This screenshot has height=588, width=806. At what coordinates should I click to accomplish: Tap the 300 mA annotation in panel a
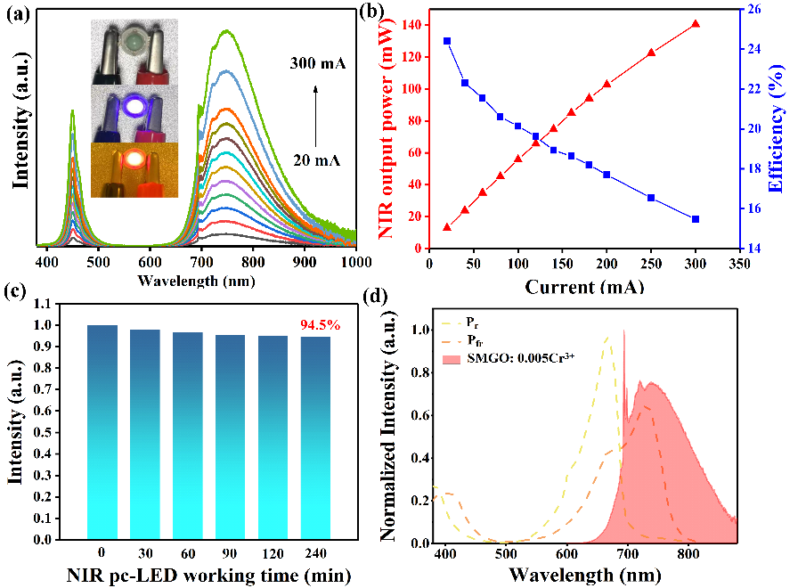(x=317, y=64)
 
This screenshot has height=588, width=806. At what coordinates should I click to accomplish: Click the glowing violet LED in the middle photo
(x=134, y=108)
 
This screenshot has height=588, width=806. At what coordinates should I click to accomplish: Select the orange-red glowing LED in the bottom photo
(x=134, y=160)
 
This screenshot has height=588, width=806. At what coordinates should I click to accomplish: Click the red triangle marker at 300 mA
(x=696, y=24)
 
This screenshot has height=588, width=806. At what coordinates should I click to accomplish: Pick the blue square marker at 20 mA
(x=447, y=41)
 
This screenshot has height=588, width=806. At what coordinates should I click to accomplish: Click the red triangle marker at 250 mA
(x=651, y=53)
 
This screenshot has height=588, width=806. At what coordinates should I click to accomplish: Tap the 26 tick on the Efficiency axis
(x=753, y=9)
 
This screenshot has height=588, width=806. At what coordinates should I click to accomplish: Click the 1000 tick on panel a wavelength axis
(x=354, y=263)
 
